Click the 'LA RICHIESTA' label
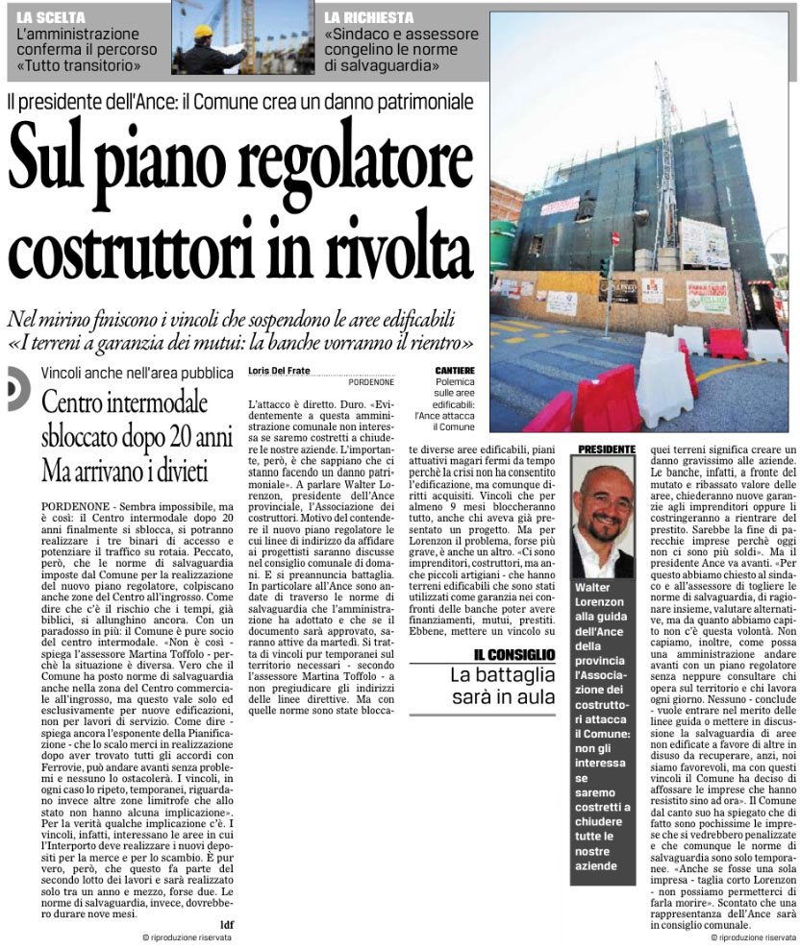(368, 18)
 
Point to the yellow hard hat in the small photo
(203, 32)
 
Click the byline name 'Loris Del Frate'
(280, 370)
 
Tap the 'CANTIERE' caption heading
(456, 370)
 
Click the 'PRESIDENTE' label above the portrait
(607, 449)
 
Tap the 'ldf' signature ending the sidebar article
(227, 924)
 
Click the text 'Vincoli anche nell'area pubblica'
(137, 373)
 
